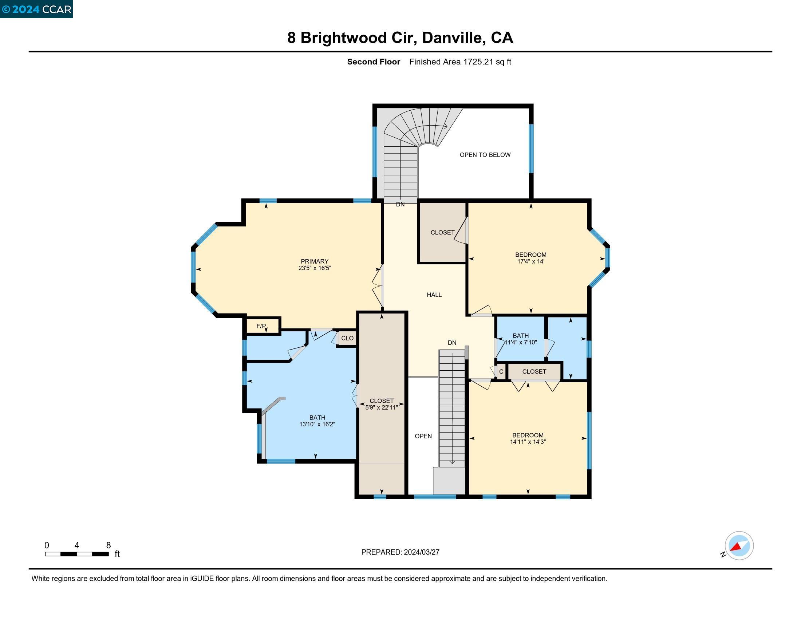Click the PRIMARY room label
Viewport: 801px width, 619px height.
(x=314, y=261)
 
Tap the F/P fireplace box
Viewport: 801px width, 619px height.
(x=261, y=326)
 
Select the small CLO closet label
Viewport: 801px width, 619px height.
(x=347, y=338)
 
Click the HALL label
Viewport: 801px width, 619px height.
(x=434, y=295)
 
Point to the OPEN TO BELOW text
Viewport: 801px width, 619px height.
(x=485, y=155)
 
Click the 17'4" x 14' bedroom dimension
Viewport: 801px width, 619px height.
(x=531, y=261)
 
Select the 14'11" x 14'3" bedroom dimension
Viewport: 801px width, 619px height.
(x=528, y=442)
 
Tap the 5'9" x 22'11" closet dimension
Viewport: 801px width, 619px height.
(x=382, y=407)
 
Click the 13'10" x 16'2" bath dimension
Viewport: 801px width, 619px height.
(x=317, y=424)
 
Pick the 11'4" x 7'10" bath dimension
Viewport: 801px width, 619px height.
(x=521, y=343)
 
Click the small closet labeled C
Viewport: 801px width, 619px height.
(x=501, y=371)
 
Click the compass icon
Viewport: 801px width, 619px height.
(x=739, y=546)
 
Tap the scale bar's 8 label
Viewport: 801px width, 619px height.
(x=108, y=545)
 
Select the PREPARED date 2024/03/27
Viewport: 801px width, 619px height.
(x=421, y=552)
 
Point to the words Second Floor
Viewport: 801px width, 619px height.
(x=373, y=62)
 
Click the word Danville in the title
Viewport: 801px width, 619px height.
(x=452, y=38)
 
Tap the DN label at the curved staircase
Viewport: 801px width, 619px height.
(x=400, y=204)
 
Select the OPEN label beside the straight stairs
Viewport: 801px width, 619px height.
(x=423, y=436)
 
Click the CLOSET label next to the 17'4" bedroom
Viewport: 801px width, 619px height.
(x=442, y=233)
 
